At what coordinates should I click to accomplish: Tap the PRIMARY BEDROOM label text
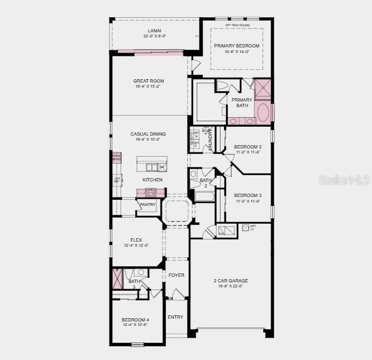pos(237,46)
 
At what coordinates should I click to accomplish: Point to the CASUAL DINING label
pos(148,134)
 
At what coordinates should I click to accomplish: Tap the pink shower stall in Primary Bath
pos(262,88)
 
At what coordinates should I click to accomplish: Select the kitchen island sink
pos(151,167)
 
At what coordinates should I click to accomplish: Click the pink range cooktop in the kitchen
pos(151,193)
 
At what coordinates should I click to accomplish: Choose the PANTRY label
pos(148,205)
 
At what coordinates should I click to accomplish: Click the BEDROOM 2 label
pos(247,147)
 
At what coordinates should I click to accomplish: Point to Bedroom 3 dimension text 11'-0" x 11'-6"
pos(247,201)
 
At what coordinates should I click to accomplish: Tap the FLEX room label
pos(136,240)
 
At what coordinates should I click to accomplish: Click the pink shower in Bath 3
pos(117,278)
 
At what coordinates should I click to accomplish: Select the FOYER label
pos(177,275)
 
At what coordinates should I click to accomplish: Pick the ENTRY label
pos(175,317)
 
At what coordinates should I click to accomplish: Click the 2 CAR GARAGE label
pos(231,281)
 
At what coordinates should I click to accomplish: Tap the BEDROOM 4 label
pos(136,320)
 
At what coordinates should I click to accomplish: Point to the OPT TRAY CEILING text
pos(237,25)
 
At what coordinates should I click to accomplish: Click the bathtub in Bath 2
pos(203,196)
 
